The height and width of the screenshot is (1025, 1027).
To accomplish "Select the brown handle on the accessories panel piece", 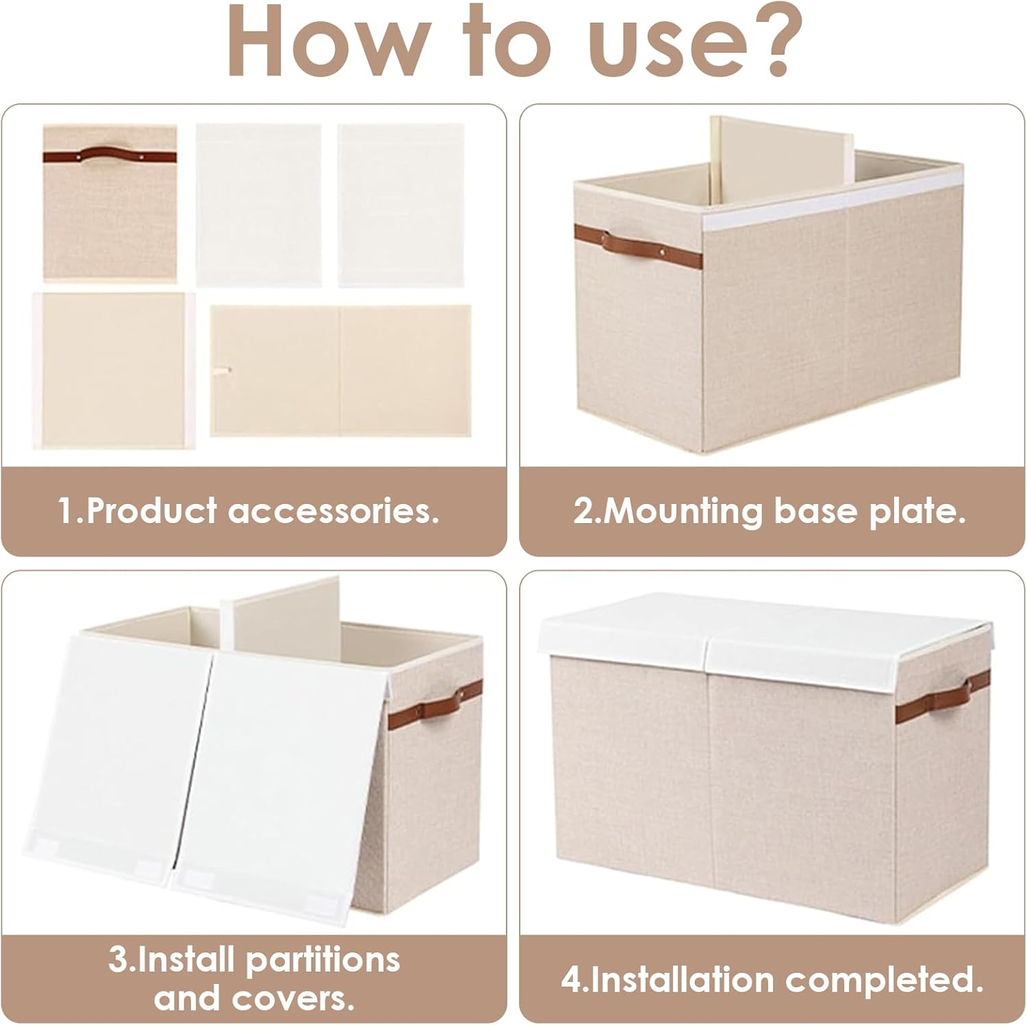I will pos(110,155).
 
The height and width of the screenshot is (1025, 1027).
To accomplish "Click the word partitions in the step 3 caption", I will pos(322,959).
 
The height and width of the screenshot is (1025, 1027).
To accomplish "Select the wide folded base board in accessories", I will pos(340,370).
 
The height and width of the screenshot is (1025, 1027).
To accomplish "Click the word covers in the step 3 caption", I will pos(304,999).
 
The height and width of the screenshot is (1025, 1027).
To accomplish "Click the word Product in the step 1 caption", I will pos(151,511).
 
